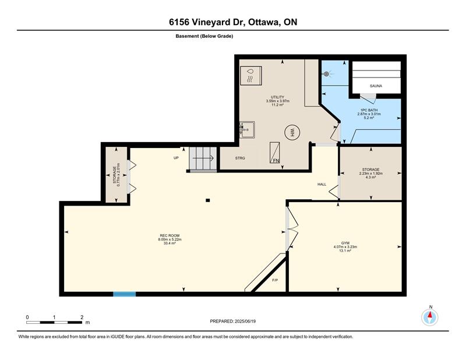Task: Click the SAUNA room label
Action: pos(376,86)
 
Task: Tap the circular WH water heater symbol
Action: pos(292,132)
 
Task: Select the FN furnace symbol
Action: pos(274,153)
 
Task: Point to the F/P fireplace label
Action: pos(275,280)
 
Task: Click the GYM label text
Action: pos(345,243)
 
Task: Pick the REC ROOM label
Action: pos(170,235)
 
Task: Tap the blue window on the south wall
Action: pos(124,294)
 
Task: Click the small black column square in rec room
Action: pos(208,200)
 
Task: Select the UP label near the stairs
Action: pos(176,158)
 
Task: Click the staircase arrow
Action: pos(203,158)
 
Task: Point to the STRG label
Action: pos(240,158)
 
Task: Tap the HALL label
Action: pos(322,184)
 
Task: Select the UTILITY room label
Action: pos(277,97)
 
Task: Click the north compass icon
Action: pos(430,317)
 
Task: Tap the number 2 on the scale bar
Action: pos(82,317)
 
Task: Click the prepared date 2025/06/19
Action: pos(245,321)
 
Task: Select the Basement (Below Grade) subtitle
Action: pos(204,36)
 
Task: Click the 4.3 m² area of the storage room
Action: pos(370,177)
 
